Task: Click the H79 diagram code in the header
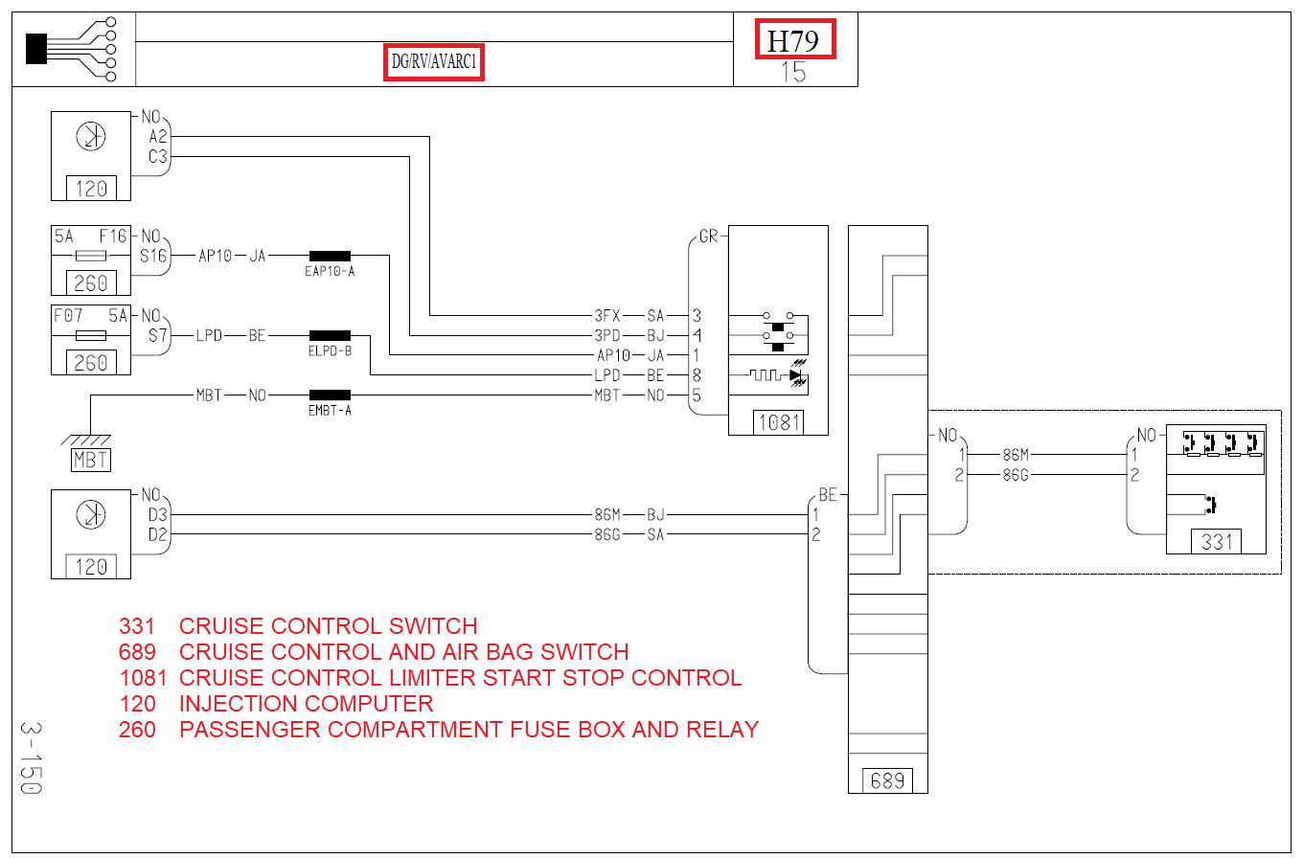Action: [x=794, y=39]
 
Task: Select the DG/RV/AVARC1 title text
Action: [x=433, y=61]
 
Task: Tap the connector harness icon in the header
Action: [x=72, y=49]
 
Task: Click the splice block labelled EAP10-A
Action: [x=330, y=256]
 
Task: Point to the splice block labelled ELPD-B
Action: [x=330, y=335]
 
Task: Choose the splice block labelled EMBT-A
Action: [x=330, y=395]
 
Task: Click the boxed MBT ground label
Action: [x=91, y=460]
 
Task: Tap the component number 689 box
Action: [x=887, y=780]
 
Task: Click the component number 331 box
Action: [x=1217, y=542]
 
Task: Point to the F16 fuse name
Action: [x=113, y=236]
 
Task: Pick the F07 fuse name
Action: [x=68, y=316]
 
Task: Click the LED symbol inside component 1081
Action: [x=797, y=373]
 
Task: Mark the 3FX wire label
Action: [x=607, y=316]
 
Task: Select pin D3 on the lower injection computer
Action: [x=158, y=514]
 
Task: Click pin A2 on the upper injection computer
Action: [x=158, y=137]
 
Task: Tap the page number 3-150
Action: [x=32, y=758]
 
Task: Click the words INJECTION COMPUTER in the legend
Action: [x=306, y=704]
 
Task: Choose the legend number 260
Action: [x=137, y=730]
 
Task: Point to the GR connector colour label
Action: [x=709, y=237]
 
